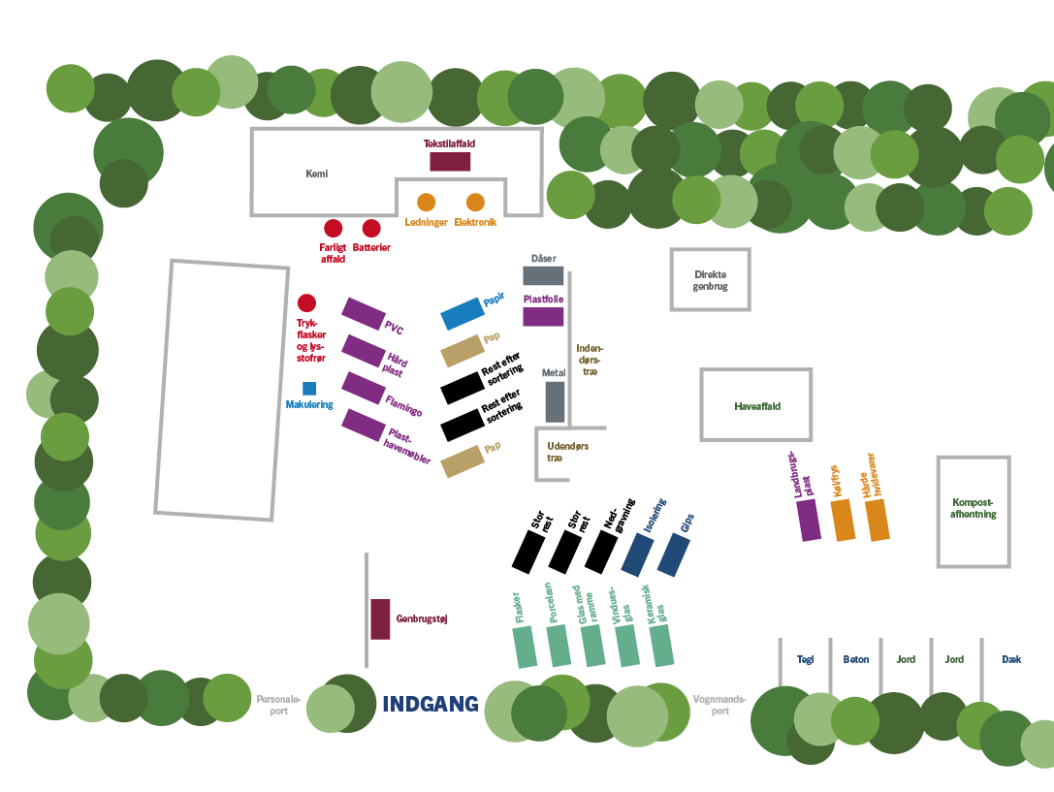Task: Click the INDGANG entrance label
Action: point(431,704)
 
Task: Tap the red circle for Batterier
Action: point(371,229)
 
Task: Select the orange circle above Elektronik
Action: point(475,203)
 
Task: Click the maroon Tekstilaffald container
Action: point(450,161)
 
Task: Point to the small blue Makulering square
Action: point(309,389)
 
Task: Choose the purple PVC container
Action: point(363,314)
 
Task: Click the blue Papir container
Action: point(463,314)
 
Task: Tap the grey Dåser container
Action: point(543,275)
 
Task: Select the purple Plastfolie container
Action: point(543,316)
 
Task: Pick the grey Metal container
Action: point(555,401)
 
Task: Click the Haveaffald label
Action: point(757,406)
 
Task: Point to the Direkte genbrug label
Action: point(711,280)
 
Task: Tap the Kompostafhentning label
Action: point(974,509)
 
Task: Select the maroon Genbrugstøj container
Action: point(380,618)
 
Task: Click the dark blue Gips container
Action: point(674,554)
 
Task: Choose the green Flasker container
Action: point(525,648)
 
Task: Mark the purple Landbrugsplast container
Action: point(809,520)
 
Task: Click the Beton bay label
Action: point(855,659)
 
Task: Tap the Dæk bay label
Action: point(1011,659)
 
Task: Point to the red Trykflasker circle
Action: point(306,303)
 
